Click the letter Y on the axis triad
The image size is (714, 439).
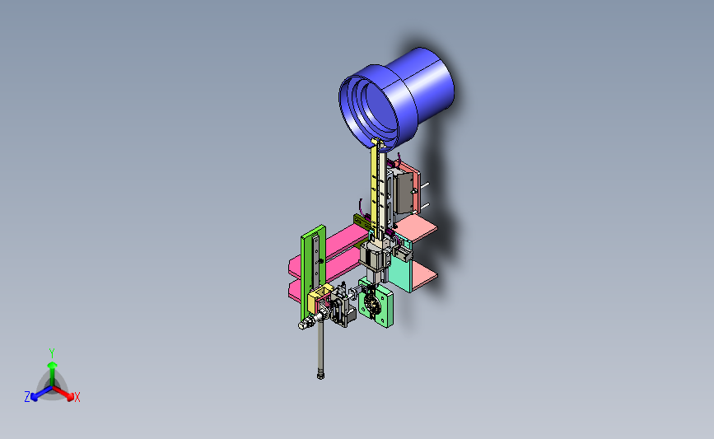pos(52,353)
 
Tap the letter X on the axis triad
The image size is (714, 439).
pos(77,397)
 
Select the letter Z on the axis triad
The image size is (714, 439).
pos(27,397)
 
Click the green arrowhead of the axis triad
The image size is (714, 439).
pos(52,365)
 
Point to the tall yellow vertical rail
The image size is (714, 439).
pos(375,187)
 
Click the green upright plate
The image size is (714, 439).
pos(313,273)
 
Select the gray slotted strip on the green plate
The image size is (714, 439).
pos(316,264)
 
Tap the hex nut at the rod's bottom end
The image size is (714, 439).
pos(320,376)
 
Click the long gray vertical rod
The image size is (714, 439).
pos(320,346)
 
